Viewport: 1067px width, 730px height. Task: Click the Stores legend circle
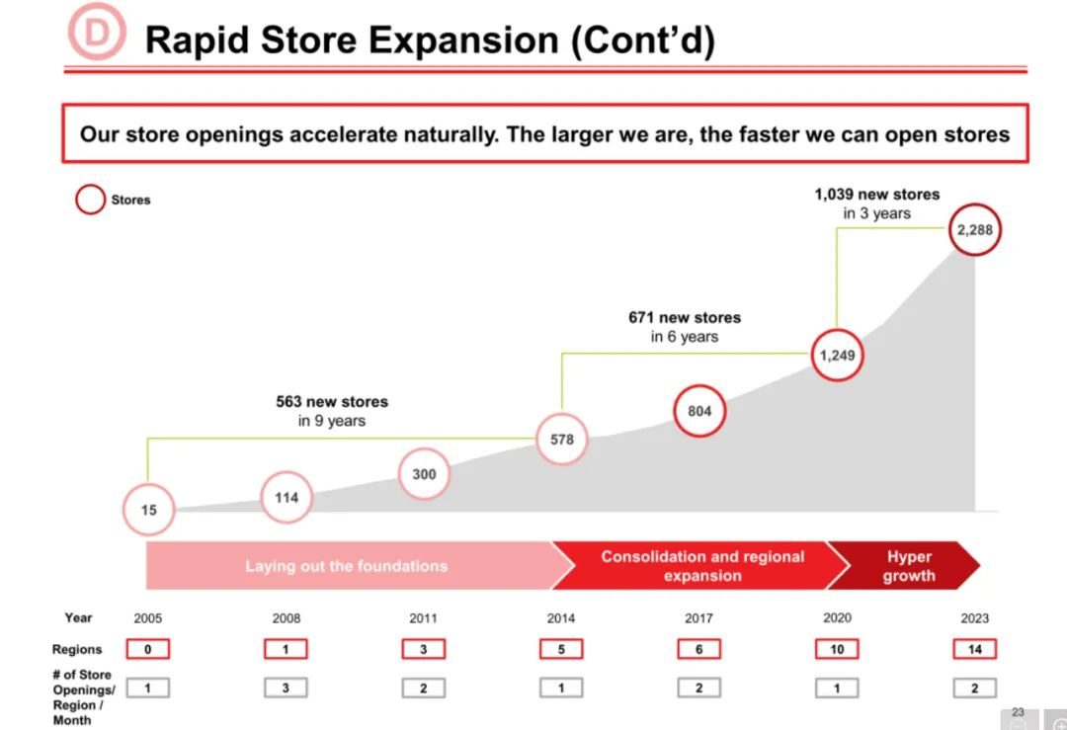91,187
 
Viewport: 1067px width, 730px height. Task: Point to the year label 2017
698,617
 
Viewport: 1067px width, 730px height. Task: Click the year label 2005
147,617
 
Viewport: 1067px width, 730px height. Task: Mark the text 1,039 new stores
877,194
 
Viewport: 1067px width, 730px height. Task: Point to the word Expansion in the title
464,40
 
